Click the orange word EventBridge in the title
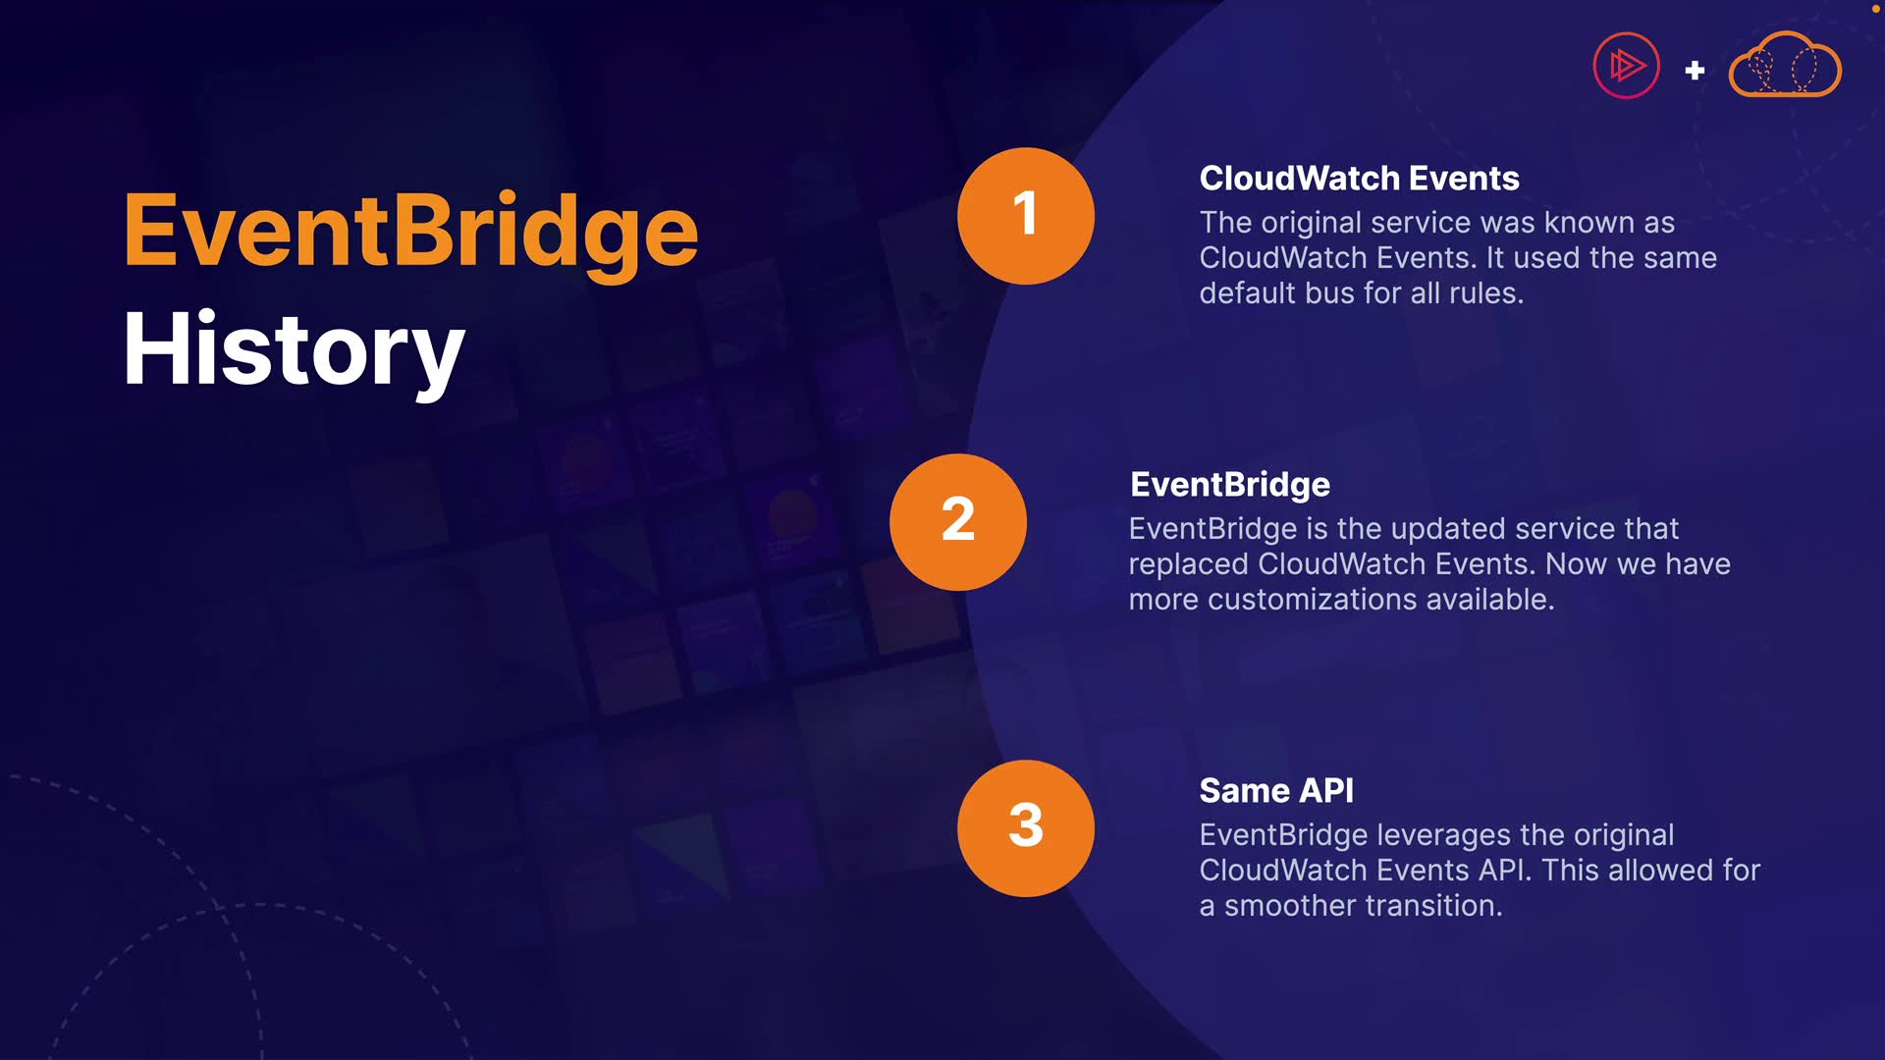coord(410,234)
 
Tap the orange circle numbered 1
coord(1026,216)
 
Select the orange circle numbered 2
coord(958,522)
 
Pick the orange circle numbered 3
coord(1026,828)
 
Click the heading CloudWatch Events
coord(1359,179)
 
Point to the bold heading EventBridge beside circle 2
coord(1230,485)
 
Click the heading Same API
coord(1276,791)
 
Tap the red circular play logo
coord(1626,66)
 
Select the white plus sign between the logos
coord(1695,71)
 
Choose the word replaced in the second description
coord(1189,565)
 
